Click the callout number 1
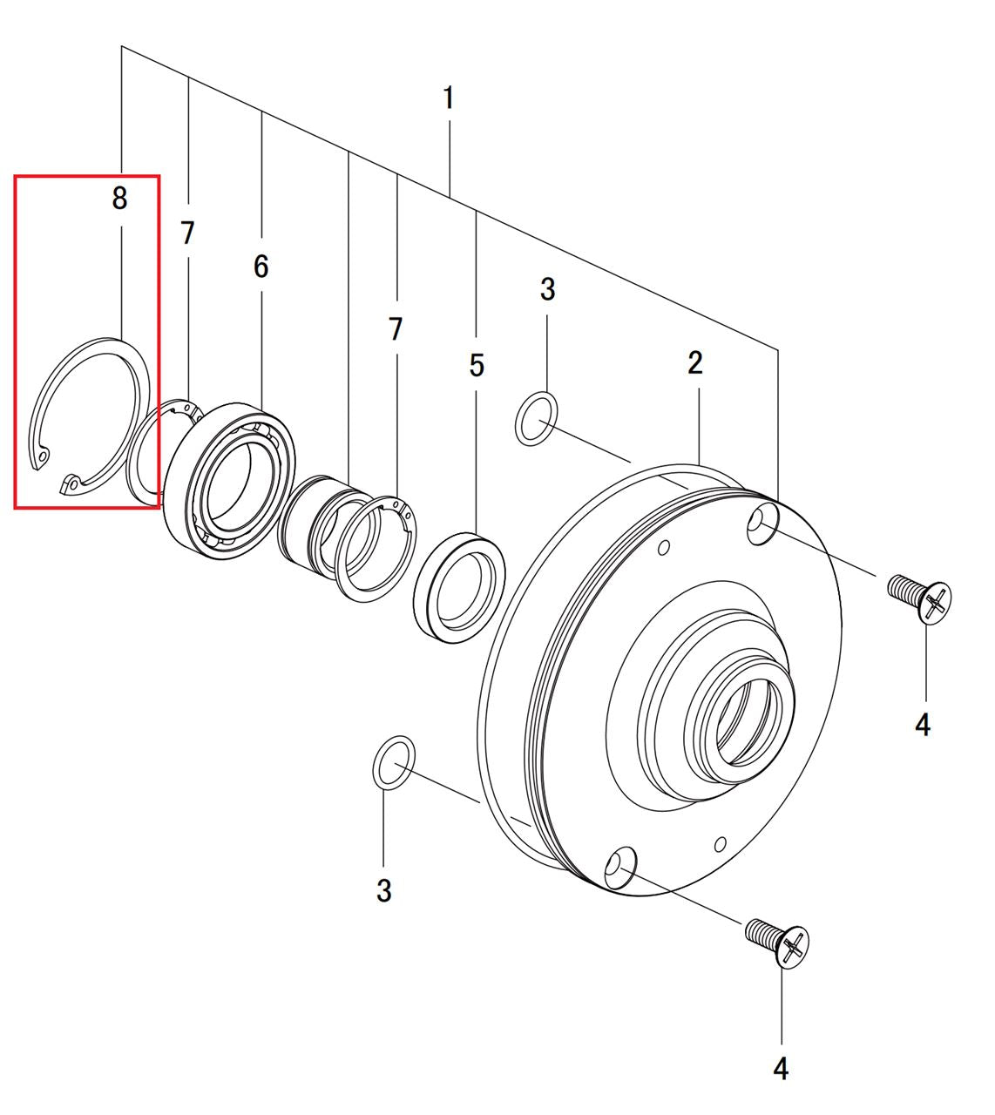coord(449,98)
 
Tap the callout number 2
coord(695,362)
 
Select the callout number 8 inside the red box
coord(119,198)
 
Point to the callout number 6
coord(261,267)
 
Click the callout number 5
coord(477,366)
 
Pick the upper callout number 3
coord(547,289)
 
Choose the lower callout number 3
coord(383,890)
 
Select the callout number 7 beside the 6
coord(187,233)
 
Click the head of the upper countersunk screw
coord(936,603)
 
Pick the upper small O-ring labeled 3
coord(536,419)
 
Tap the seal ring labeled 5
coord(459,588)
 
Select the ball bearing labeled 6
coord(230,482)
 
